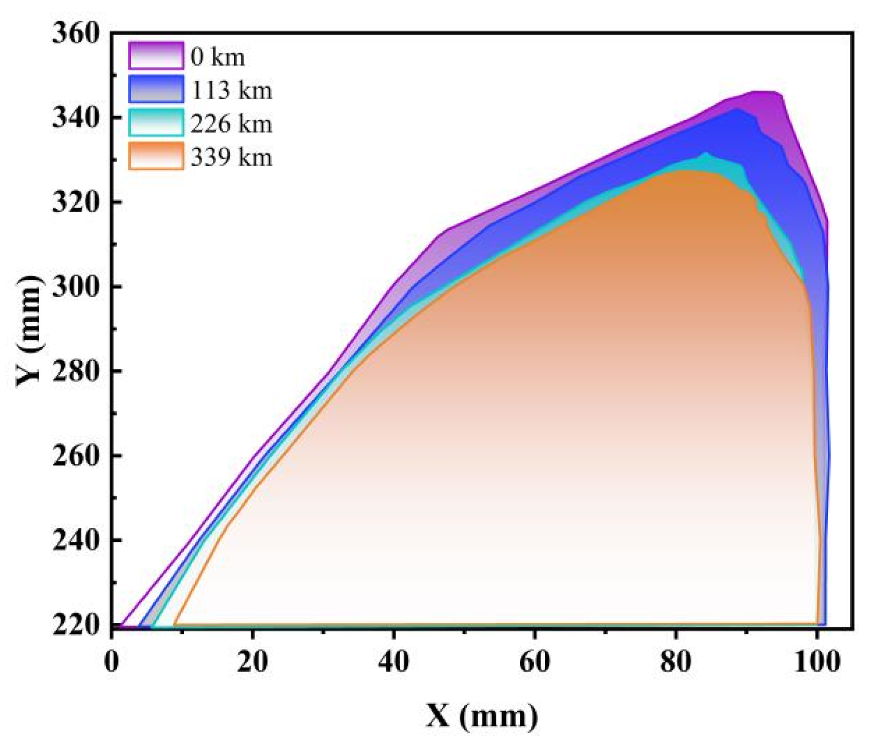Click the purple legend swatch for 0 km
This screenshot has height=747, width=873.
tap(156, 56)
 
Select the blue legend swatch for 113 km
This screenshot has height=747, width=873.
tap(156, 89)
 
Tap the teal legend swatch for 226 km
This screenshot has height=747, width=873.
tap(156, 123)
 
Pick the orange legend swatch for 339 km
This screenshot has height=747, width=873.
tap(156, 156)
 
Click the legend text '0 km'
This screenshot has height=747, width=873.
tap(217, 57)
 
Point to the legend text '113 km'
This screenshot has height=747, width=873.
tap(231, 90)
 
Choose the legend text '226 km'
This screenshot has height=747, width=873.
tap(231, 124)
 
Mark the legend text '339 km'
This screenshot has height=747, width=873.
tap(231, 158)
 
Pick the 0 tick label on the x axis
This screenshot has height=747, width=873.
tap(112, 661)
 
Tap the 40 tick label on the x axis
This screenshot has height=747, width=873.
tap(393, 661)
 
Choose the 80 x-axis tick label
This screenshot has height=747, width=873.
tap(675, 661)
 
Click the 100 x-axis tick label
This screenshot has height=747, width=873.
tap(816, 661)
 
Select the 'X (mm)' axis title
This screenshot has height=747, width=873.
tap(482, 716)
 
